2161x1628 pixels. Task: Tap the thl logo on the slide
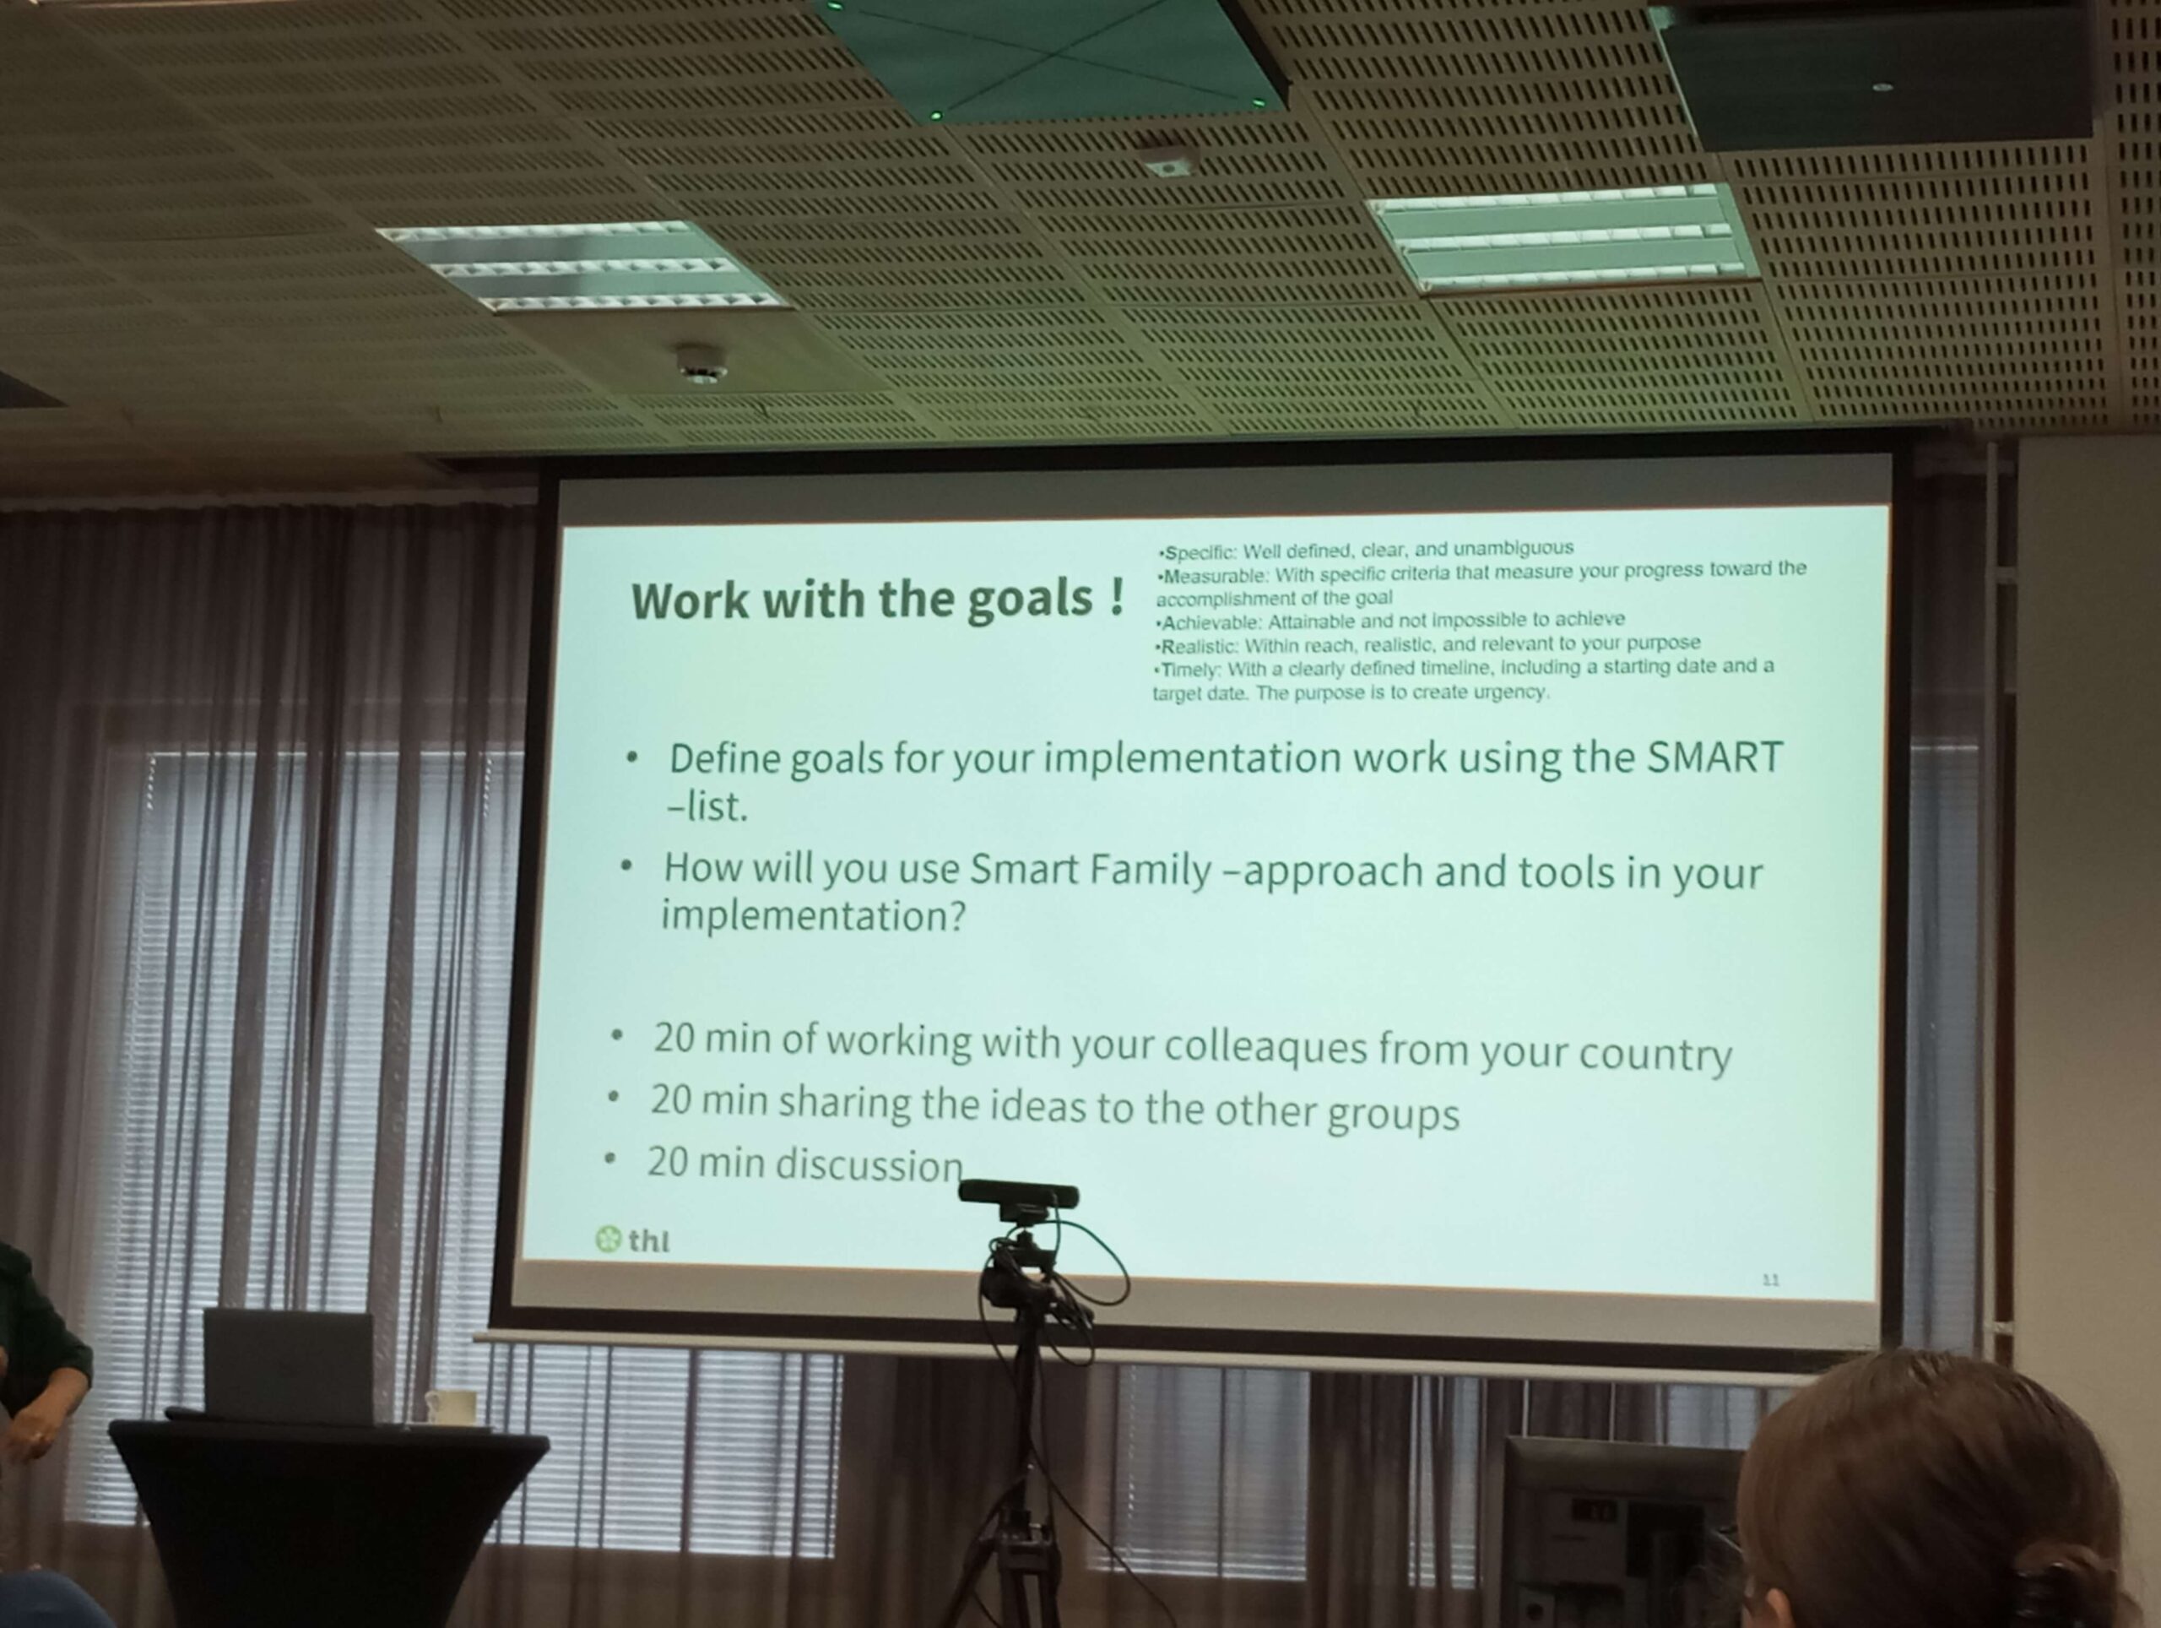point(632,1240)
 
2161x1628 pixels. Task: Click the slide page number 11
point(1770,1279)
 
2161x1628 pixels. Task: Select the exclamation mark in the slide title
point(1117,596)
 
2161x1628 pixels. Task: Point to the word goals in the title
point(1028,601)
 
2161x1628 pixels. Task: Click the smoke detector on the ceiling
point(701,364)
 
